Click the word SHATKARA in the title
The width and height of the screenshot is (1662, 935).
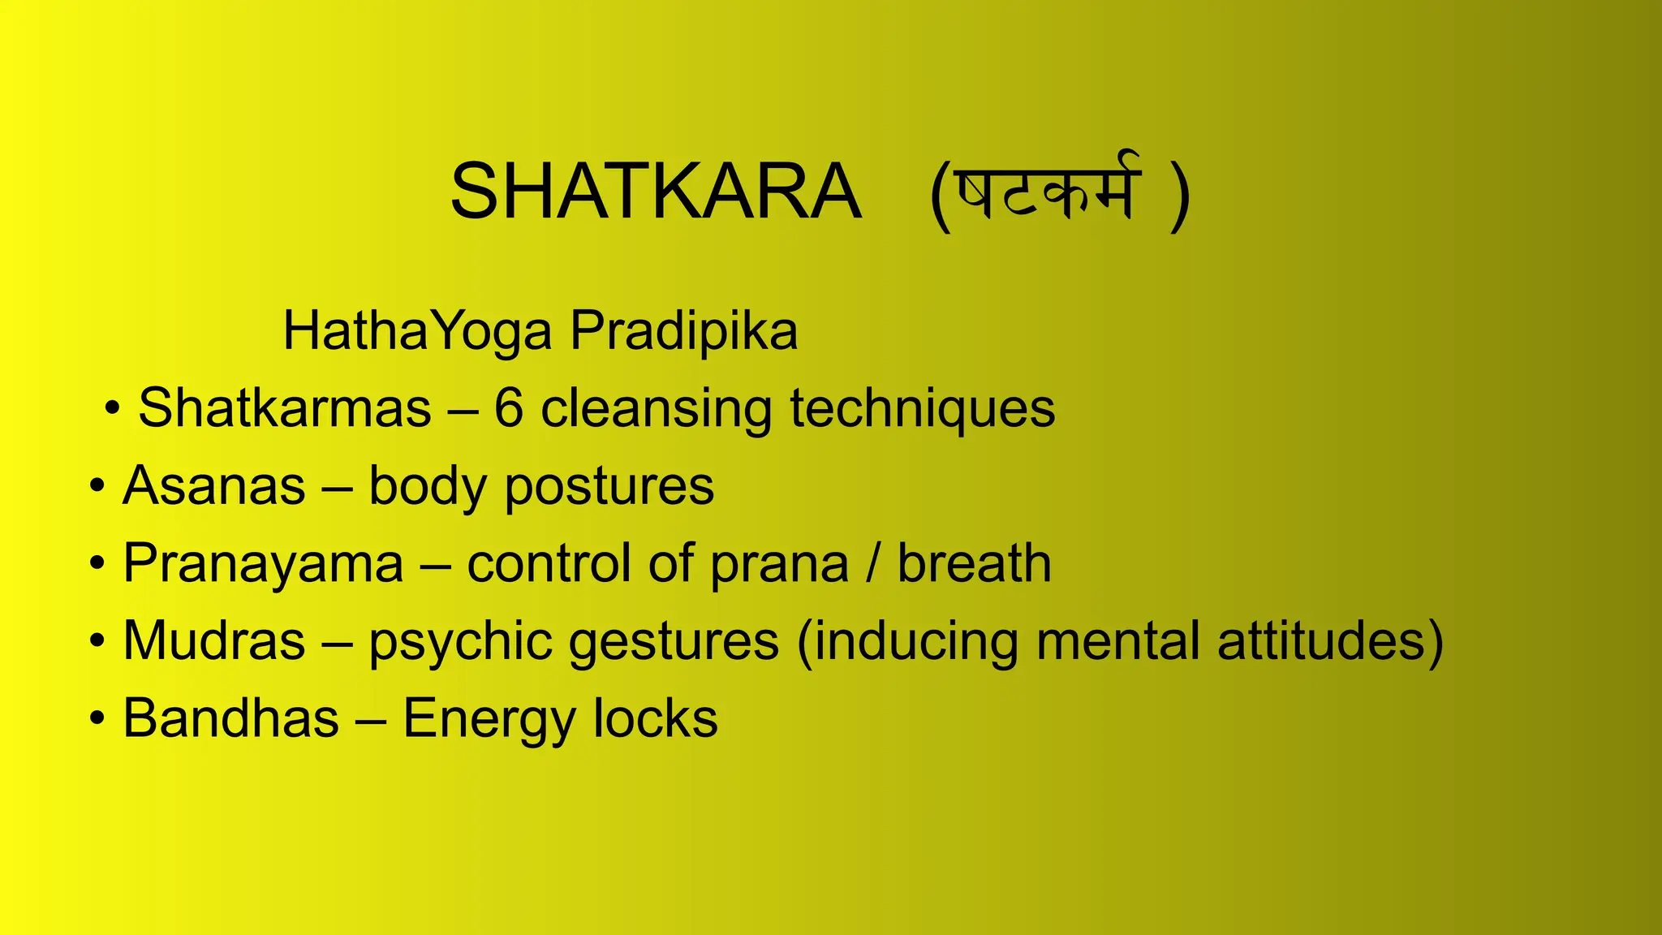pos(655,192)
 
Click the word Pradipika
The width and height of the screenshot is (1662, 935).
pos(683,331)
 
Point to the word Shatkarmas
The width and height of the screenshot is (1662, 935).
pos(284,407)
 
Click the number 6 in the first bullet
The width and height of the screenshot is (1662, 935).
pos(508,407)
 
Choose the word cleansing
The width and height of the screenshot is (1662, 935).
pos(656,409)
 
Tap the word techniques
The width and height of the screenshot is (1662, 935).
pos(922,409)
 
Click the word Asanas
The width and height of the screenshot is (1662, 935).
pos(214,485)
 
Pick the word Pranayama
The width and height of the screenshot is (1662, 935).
pos(263,564)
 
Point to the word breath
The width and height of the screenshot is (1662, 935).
pos(974,563)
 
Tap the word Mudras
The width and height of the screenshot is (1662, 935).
pos(214,640)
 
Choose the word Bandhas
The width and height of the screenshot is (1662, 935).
pos(230,718)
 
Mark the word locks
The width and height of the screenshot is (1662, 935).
pos(656,718)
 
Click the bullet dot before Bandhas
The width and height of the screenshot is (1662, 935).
pos(97,719)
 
